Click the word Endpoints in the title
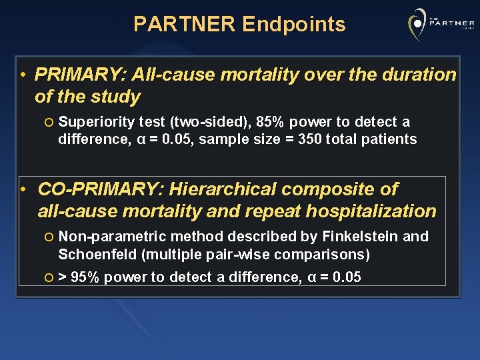coord(294,25)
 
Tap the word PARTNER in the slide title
coord(185,25)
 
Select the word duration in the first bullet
coord(417,75)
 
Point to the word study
coord(117,97)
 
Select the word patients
coord(389,139)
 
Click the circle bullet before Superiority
coord(50,122)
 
